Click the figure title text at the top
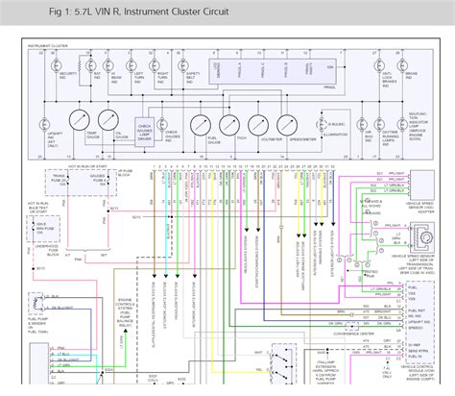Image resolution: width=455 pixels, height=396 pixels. click(x=114, y=12)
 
